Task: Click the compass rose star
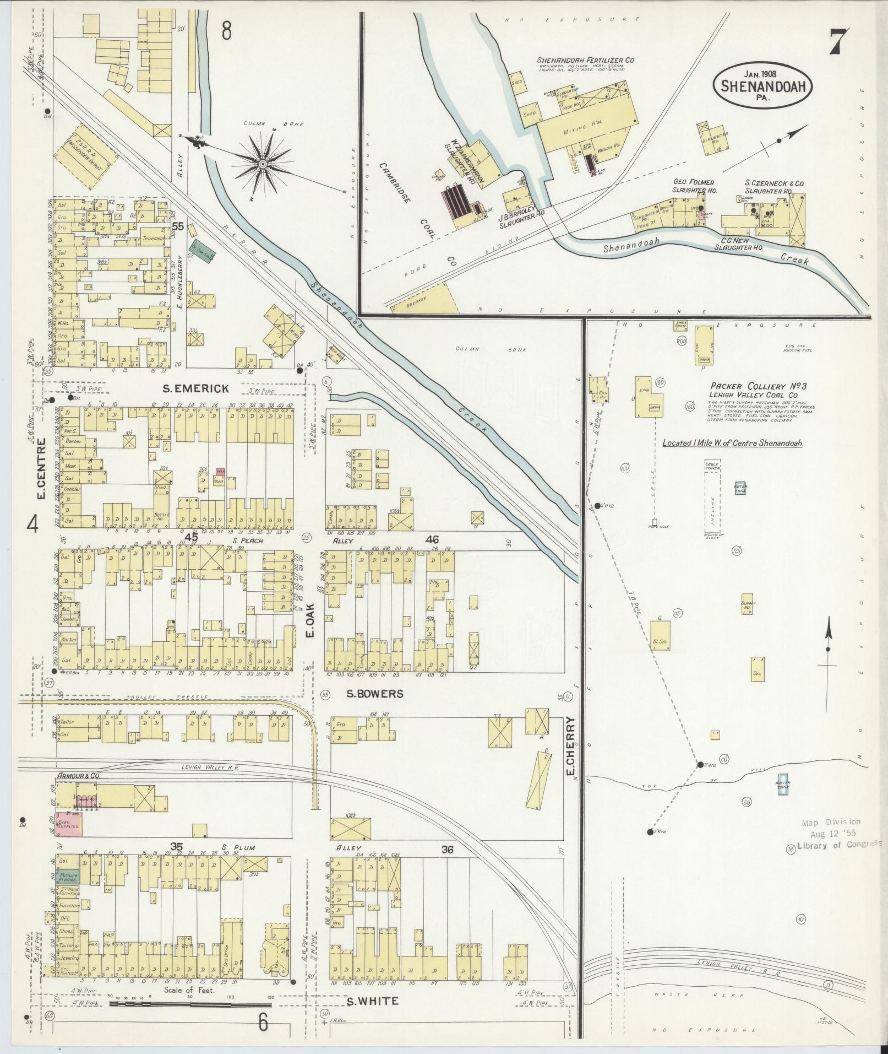263,164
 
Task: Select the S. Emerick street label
196,389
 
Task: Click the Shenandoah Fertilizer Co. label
586,60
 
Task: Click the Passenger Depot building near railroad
88,157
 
